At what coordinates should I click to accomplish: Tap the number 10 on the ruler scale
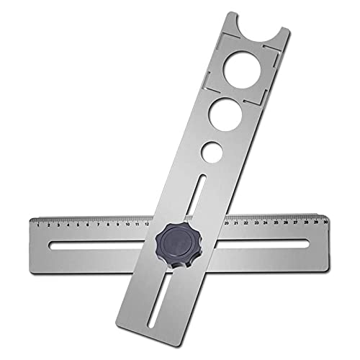(x=127, y=224)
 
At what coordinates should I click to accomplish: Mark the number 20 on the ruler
(x=228, y=223)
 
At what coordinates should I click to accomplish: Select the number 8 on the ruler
(x=107, y=224)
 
